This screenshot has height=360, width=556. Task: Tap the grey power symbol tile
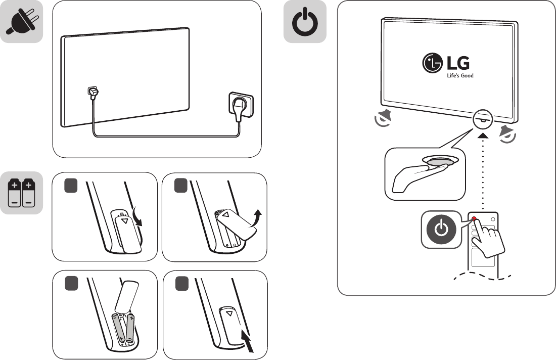pos(305,21)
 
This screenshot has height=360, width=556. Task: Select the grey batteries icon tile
pos(21,194)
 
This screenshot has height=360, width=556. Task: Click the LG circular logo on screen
pos(432,64)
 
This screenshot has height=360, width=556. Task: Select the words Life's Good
pos(460,76)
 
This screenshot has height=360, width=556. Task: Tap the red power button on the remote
pos(475,218)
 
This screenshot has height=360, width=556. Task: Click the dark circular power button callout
pos(441,230)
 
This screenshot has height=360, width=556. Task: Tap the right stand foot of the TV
pos(507,133)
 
